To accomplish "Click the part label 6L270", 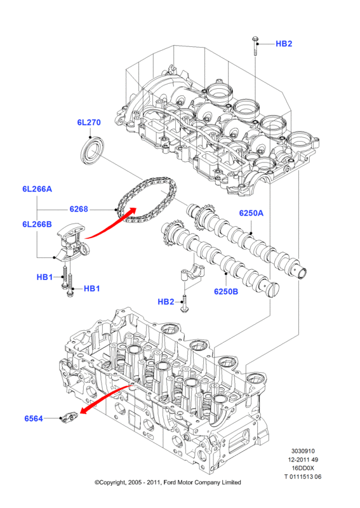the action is pos(89,123).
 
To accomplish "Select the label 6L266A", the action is pos(37,189).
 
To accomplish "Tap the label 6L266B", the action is pos(37,224).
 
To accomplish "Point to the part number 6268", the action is pos(79,210).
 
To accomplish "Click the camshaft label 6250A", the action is pos(251,213).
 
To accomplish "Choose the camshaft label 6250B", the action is pos(226,291).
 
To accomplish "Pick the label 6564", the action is pos(34,418).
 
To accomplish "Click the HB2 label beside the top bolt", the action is pos(284,44).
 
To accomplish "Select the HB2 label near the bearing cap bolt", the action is pos(166,302).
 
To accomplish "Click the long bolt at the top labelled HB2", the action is pos(255,46).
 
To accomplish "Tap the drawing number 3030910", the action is pos(303,451).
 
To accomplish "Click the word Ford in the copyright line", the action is pos(169,483).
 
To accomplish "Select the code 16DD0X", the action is pos(303,468).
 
